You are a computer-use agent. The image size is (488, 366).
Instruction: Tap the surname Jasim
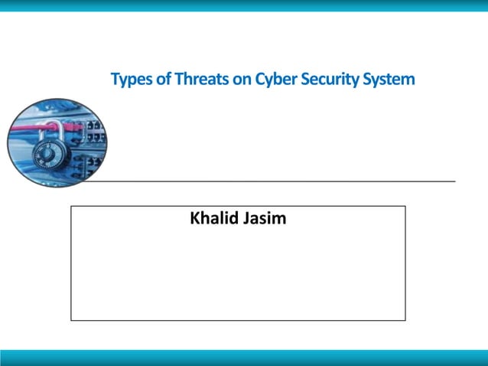click(264, 219)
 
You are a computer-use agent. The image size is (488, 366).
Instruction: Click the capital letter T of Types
click(115, 79)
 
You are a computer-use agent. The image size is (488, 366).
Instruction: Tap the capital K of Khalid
click(194, 219)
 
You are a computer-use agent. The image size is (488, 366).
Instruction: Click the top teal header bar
click(244, 5)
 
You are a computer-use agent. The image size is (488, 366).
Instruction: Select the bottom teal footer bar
click(244, 358)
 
